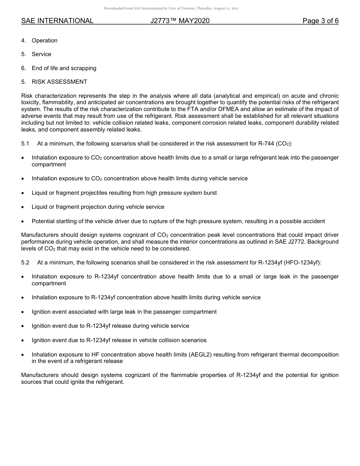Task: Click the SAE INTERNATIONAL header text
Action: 57,21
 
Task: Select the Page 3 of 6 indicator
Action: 320,21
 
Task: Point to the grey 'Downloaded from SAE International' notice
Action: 171,8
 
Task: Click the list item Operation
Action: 44,41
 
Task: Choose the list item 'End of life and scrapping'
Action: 64,68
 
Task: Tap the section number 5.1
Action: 25,144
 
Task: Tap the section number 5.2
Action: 25,263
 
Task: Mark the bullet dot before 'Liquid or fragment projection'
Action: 23,207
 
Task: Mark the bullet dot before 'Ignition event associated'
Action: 23,312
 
